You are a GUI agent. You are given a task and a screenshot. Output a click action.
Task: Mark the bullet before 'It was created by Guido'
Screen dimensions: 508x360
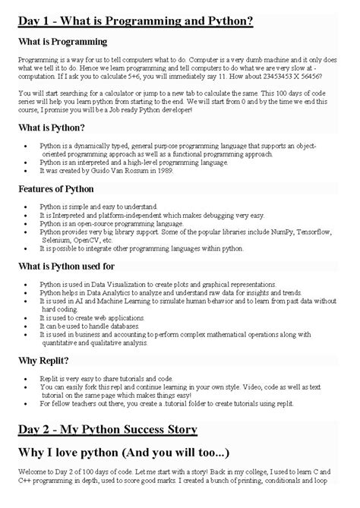pyautogui.click(x=29, y=171)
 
